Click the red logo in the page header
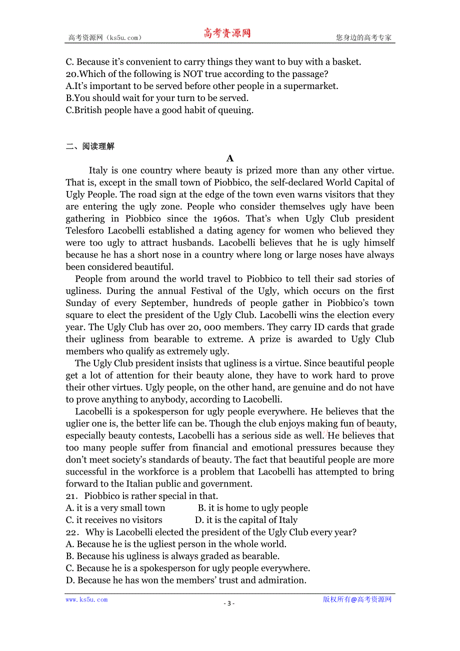tap(226, 33)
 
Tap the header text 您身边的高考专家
tap(363, 37)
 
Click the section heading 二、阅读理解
tap(90, 146)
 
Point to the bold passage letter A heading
tap(230, 158)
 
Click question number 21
tap(72, 496)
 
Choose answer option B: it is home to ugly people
tap(253, 508)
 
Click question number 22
tap(72, 532)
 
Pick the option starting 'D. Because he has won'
tap(185, 580)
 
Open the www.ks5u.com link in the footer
tap(86, 599)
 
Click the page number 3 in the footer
tap(229, 603)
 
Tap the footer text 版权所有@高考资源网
tap(357, 599)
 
